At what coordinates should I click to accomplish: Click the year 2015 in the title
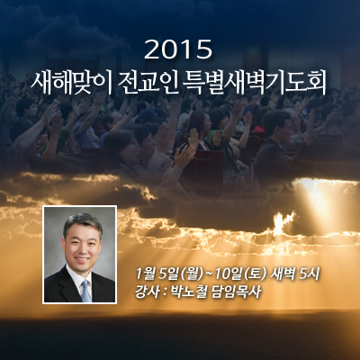pyautogui.click(x=178, y=49)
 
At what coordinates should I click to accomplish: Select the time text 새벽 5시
pyautogui.click(x=295, y=274)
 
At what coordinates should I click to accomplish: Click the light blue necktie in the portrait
pyautogui.click(x=86, y=291)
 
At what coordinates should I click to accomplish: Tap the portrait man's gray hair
pyautogui.click(x=83, y=222)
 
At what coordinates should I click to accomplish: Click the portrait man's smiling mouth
pyautogui.click(x=82, y=259)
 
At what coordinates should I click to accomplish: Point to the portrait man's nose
pyautogui.click(x=82, y=249)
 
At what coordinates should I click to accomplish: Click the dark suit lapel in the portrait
pyautogui.click(x=67, y=285)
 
